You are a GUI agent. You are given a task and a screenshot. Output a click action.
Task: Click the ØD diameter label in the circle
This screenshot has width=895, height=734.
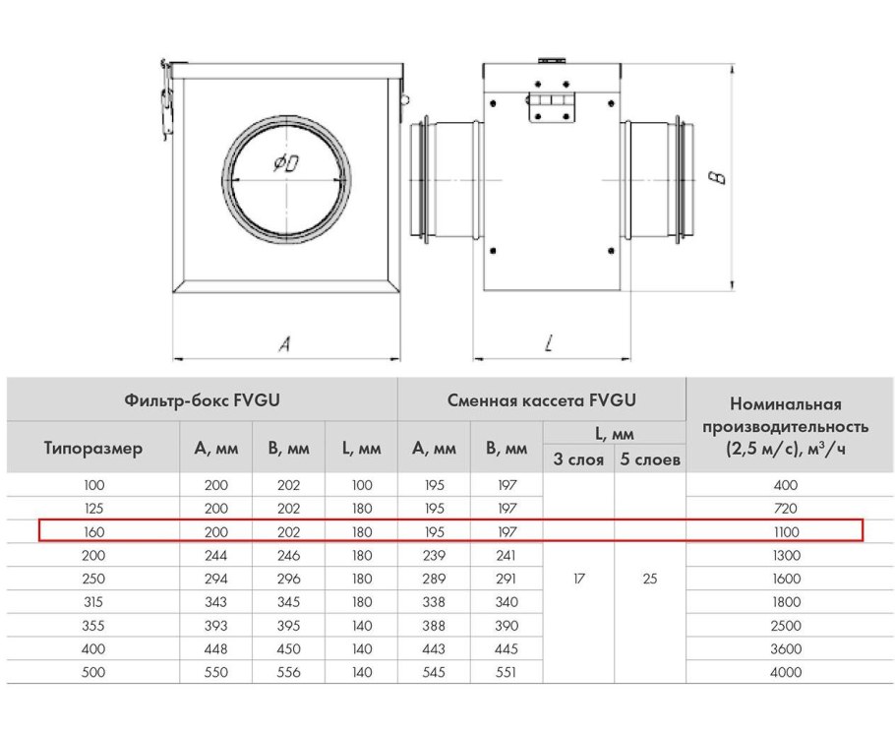coord(286,163)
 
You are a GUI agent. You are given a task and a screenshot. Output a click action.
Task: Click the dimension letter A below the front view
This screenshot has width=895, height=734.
coord(284,343)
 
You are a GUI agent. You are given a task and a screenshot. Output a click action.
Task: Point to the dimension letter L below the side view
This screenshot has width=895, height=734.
coord(549,342)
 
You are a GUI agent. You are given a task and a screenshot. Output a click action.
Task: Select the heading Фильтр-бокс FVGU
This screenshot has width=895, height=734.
coord(202,399)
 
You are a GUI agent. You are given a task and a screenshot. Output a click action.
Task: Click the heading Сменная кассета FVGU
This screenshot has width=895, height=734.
coord(542,399)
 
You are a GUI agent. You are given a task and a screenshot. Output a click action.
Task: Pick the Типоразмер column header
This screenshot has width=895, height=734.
coord(93,449)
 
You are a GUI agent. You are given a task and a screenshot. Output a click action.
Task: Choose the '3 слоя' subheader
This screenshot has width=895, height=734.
coord(578,459)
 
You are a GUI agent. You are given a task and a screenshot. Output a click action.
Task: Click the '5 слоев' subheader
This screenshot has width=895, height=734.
coord(650,459)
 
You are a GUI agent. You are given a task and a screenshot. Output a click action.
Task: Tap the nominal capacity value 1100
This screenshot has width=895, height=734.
coord(786,531)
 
